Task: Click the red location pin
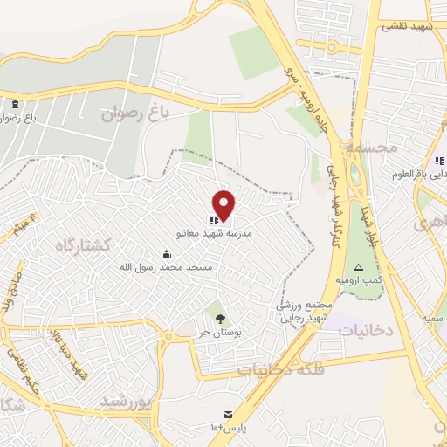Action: (x=224, y=205)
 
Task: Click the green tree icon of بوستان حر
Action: (x=220, y=318)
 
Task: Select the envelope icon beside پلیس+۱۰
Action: (x=228, y=412)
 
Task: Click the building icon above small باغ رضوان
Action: (x=16, y=106)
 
